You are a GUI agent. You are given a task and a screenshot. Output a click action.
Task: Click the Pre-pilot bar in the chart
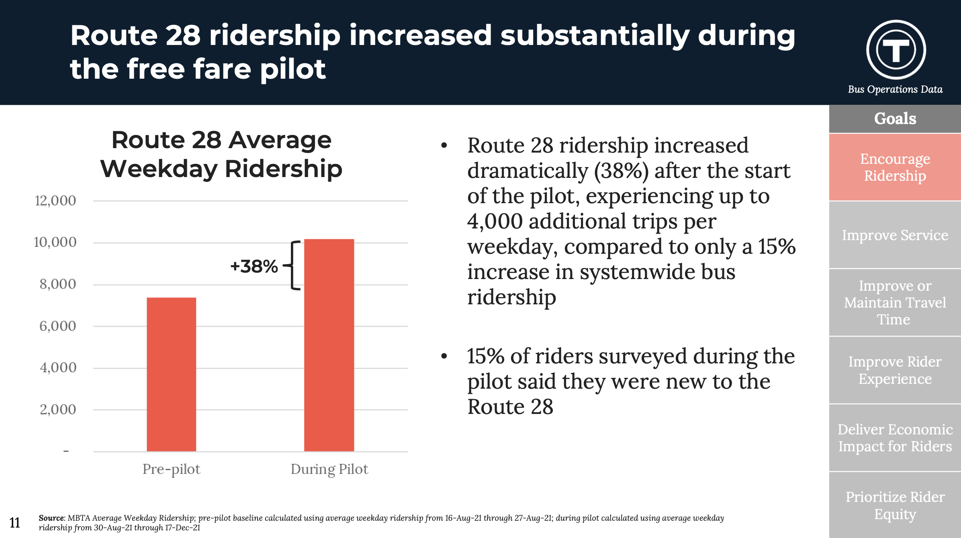[x=172, y=374]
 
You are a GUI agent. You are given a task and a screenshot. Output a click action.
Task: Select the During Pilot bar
[x=329, y=345]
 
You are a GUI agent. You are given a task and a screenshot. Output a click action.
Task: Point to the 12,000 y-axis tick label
[x=55, y=200]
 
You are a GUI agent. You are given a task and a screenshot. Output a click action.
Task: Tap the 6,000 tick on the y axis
[x=57, y=326]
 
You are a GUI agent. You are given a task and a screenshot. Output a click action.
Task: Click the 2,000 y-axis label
[x=58, y=409]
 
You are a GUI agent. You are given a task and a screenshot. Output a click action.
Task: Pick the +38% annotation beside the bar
[x=254, y=266]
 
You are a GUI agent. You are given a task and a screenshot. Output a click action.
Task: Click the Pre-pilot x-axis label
[x=171, y=469]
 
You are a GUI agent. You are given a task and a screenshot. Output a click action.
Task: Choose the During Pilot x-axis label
[x=329, y=469]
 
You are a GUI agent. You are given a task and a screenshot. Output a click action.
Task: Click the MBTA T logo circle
[x=896, y=50]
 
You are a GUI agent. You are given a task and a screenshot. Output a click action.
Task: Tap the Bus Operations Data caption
[x=895, y=89]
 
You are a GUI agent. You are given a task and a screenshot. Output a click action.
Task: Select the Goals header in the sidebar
[x=895, y=119]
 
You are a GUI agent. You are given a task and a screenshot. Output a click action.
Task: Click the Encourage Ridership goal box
[x=895, y=167]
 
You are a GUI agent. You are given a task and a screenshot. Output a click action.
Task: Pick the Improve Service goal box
[x=895, y=235]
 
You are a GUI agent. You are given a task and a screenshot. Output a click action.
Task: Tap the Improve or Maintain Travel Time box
[x=895, y=302]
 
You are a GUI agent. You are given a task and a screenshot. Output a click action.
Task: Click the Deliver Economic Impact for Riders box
[x=895, y=438]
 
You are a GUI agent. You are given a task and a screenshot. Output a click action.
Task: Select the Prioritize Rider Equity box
[x=895, y=505]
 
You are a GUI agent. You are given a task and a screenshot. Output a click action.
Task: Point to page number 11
[x=15, y=522]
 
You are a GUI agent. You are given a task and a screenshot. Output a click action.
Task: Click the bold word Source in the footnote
[x=51, y=518]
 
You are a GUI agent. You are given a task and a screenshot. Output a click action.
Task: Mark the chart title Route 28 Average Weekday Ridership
[x=221, y=154]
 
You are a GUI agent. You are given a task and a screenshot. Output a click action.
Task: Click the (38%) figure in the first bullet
[x=621, y=171]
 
